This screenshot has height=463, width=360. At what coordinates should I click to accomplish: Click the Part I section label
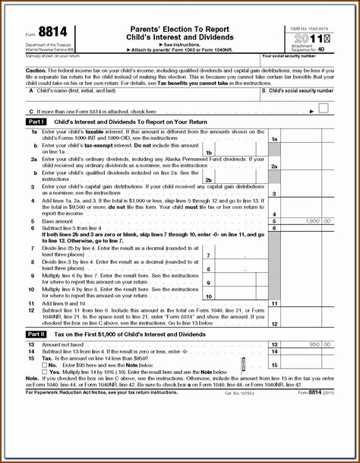(x=36, y=121)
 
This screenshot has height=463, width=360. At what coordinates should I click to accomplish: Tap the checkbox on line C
(x=324, y=109)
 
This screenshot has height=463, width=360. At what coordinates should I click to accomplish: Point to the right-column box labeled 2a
(x=274, y=166)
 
